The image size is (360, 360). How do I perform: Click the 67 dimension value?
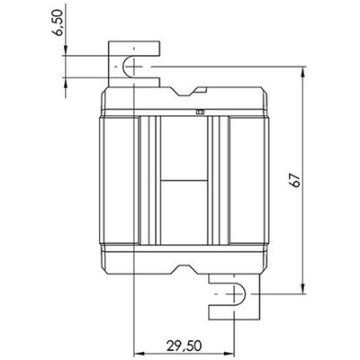[295, 180]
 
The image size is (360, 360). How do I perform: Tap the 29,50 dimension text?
[184, 346]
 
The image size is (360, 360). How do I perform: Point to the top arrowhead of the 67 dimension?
[303, 72]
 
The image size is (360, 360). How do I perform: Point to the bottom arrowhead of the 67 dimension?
[303, 288]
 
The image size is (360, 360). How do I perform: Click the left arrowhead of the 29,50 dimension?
[138, 353]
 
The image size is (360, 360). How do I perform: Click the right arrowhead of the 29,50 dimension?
[229, 353]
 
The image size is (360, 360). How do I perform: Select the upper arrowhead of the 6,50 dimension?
[65, 50]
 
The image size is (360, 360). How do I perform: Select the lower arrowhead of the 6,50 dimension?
[65, 82]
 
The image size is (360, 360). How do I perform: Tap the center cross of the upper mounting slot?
[134, 67]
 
